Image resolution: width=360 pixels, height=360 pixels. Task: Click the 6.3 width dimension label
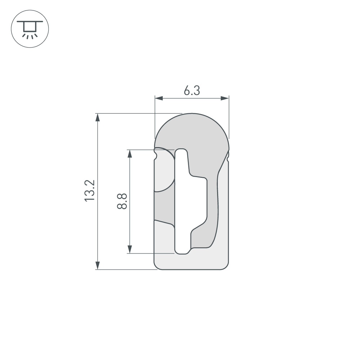[192, 91]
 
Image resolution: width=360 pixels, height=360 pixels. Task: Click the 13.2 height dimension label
[90, 191]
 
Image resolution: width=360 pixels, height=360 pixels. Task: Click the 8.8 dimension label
[122, 201]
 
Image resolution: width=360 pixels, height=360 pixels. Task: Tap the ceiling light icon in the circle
[30, 29]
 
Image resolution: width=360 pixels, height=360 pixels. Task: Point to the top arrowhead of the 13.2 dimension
[97, 118]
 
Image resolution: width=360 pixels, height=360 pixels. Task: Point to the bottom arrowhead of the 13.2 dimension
[97, 265]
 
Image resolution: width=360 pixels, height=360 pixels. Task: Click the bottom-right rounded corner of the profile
[226, 266]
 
